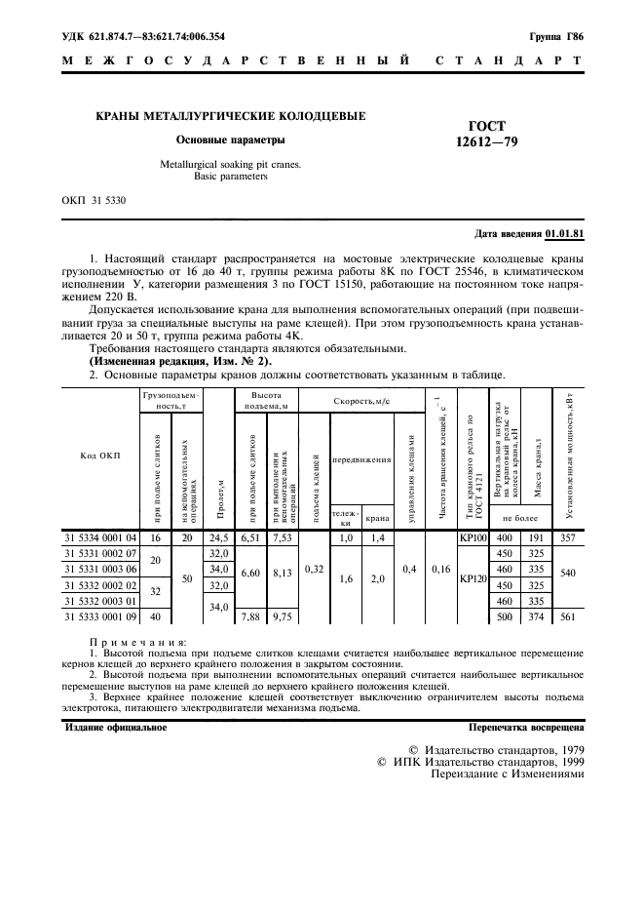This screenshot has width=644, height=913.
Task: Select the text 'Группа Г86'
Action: (556, 37)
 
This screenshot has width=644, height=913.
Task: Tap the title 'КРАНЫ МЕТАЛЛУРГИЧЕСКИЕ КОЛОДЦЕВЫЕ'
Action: (229, 116)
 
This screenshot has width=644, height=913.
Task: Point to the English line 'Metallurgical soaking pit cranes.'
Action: (230, 165)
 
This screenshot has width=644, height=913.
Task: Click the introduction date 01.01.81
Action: (564, 234)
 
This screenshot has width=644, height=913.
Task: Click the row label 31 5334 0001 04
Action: (101, 537)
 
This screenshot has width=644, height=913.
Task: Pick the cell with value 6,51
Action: (250, 537)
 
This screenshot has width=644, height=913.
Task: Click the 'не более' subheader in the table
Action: (520, 519)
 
